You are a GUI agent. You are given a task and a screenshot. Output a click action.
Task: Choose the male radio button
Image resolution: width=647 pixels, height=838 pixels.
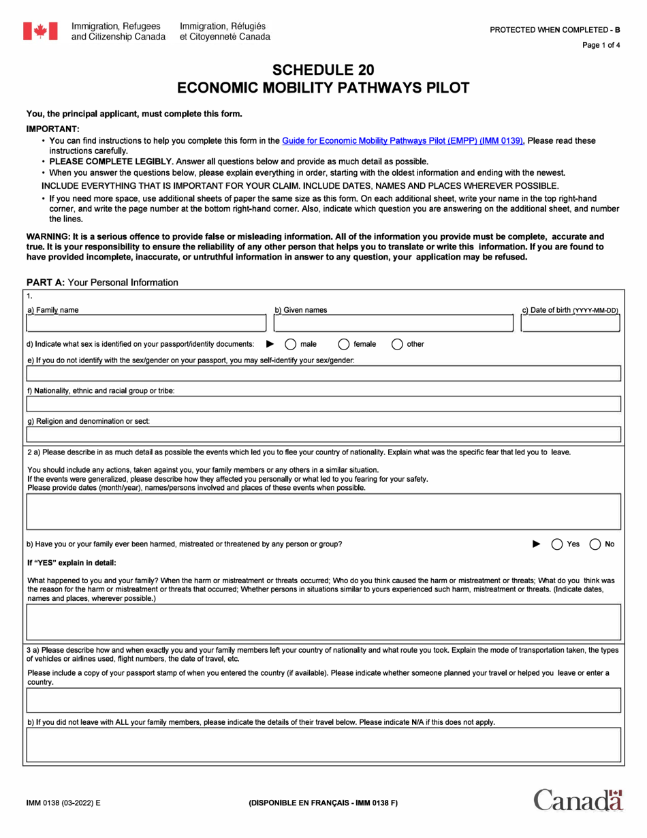tap(289, 344)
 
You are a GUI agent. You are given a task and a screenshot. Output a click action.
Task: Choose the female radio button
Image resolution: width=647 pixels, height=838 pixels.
tap(344, 344)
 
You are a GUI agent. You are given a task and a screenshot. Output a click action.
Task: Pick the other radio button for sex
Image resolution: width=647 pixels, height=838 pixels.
tap(397, 344)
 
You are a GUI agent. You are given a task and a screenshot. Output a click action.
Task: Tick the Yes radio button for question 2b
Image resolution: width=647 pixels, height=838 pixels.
tap(556, 544)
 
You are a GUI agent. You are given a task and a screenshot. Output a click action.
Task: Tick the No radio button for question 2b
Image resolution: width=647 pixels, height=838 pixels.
tap(595, 544)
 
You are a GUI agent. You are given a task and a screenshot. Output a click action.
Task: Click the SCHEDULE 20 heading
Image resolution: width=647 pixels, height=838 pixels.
tap(323, 70)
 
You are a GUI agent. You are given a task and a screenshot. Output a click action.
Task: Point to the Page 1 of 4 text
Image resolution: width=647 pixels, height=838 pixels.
tap(601, 46)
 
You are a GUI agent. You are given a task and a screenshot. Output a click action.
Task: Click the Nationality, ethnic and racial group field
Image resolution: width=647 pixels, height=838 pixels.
tap(323, 403)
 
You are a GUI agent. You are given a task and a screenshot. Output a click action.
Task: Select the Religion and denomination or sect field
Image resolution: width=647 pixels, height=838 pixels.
tap(323, 434)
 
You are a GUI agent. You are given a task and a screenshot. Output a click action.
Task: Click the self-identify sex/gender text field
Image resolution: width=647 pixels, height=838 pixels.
tap(323, 373)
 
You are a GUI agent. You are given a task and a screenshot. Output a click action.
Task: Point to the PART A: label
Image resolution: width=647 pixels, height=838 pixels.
tap(46, 282)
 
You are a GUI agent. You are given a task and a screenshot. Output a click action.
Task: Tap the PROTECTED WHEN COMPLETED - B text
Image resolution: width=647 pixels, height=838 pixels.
tap(555, 31)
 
